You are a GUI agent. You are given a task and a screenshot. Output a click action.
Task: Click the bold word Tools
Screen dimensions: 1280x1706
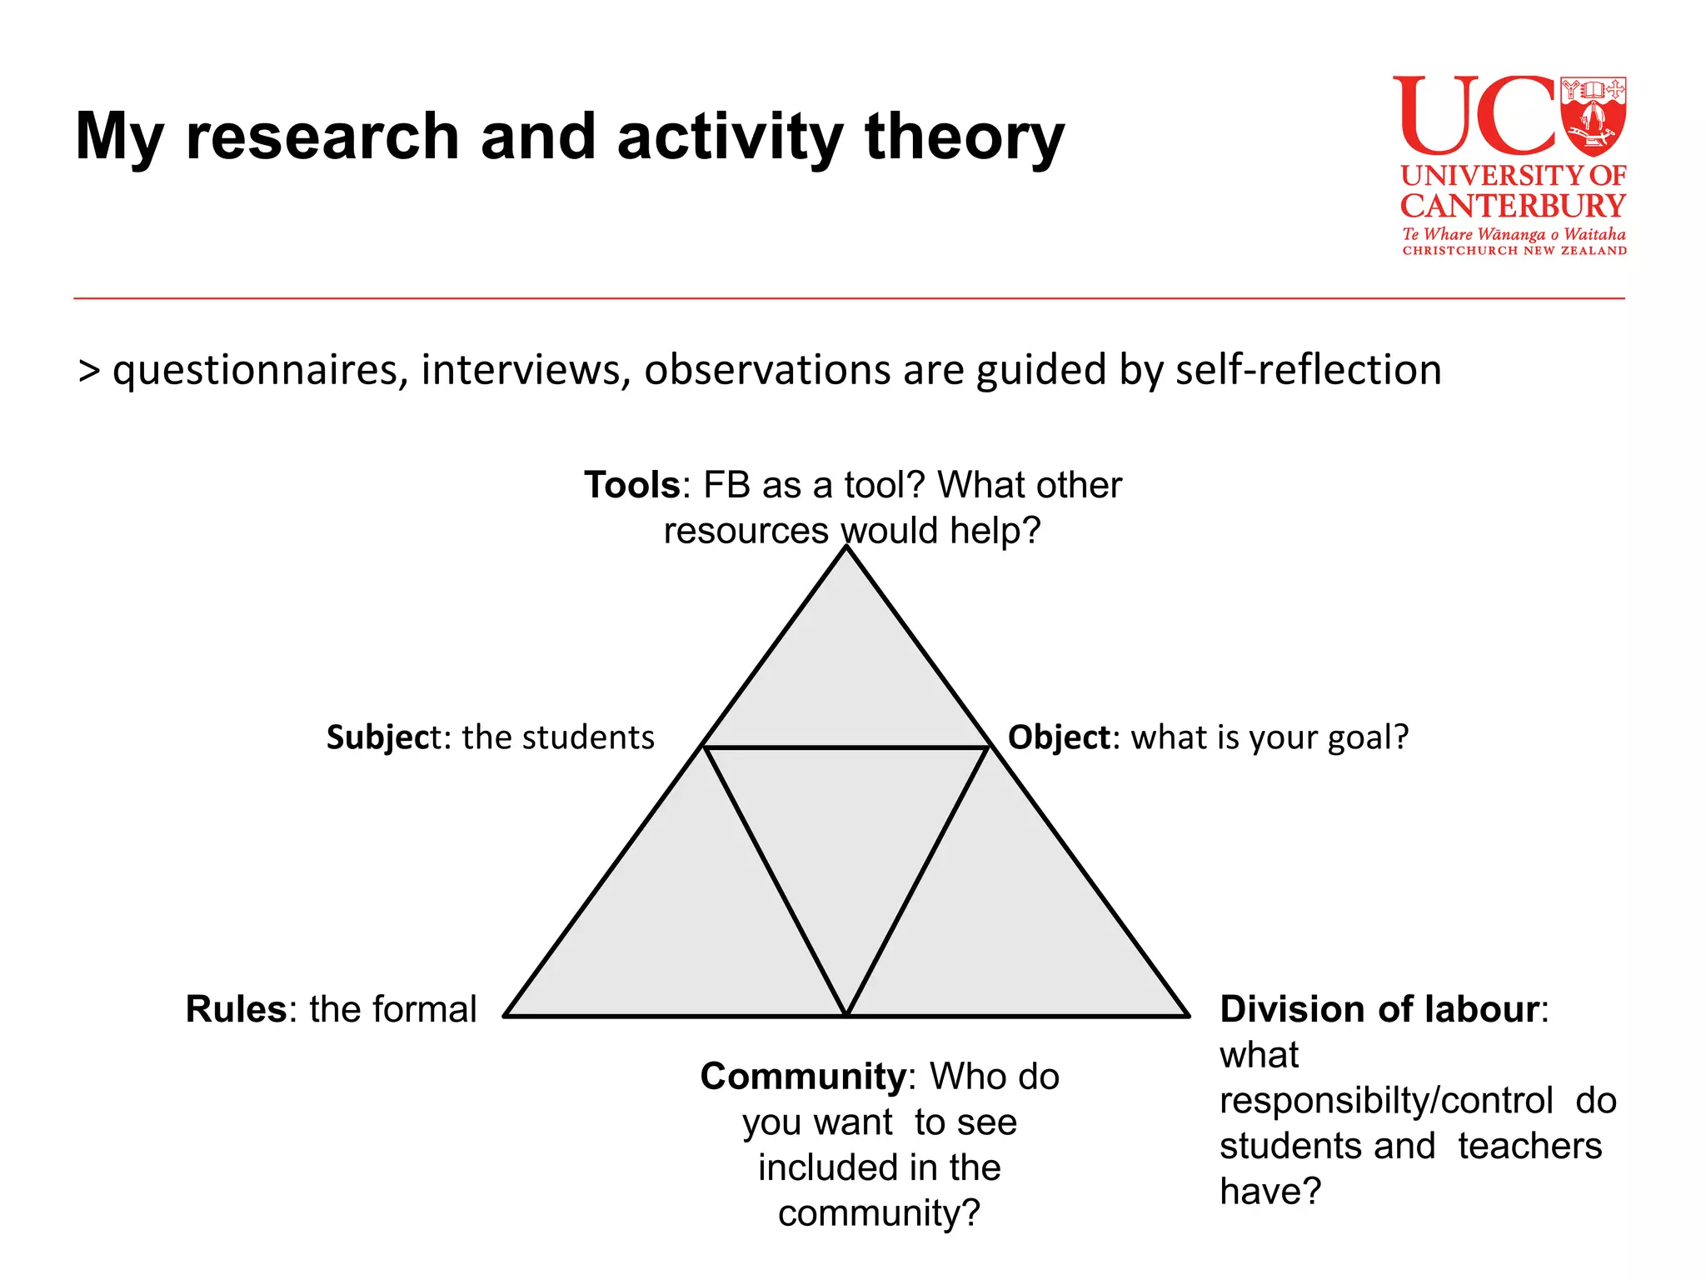632,485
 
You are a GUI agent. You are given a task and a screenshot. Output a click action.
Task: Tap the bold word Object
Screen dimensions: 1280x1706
1059,737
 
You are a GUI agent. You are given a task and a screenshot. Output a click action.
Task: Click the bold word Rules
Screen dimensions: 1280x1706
236,1009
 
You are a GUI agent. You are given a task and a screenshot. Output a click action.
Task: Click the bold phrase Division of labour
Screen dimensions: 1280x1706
1379,1009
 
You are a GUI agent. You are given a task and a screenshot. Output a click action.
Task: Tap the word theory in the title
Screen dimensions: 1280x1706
965,137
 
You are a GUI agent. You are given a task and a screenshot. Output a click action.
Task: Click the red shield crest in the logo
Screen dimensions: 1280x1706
1594,117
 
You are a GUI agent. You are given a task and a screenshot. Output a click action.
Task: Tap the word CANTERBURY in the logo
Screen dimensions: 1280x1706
1513,206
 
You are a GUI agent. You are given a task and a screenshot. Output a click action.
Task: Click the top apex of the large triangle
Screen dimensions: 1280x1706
846,547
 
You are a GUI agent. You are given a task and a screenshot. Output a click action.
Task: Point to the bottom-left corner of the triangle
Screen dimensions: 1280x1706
506,1016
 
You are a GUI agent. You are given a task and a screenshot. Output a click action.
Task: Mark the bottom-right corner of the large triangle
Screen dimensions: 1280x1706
1188,1016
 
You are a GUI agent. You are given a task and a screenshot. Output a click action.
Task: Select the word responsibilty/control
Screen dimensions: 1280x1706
1386,1101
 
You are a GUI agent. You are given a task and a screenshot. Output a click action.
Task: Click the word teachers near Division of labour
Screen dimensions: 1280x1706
1529,1146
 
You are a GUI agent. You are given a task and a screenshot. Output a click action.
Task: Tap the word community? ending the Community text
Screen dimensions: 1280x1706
879,1214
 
